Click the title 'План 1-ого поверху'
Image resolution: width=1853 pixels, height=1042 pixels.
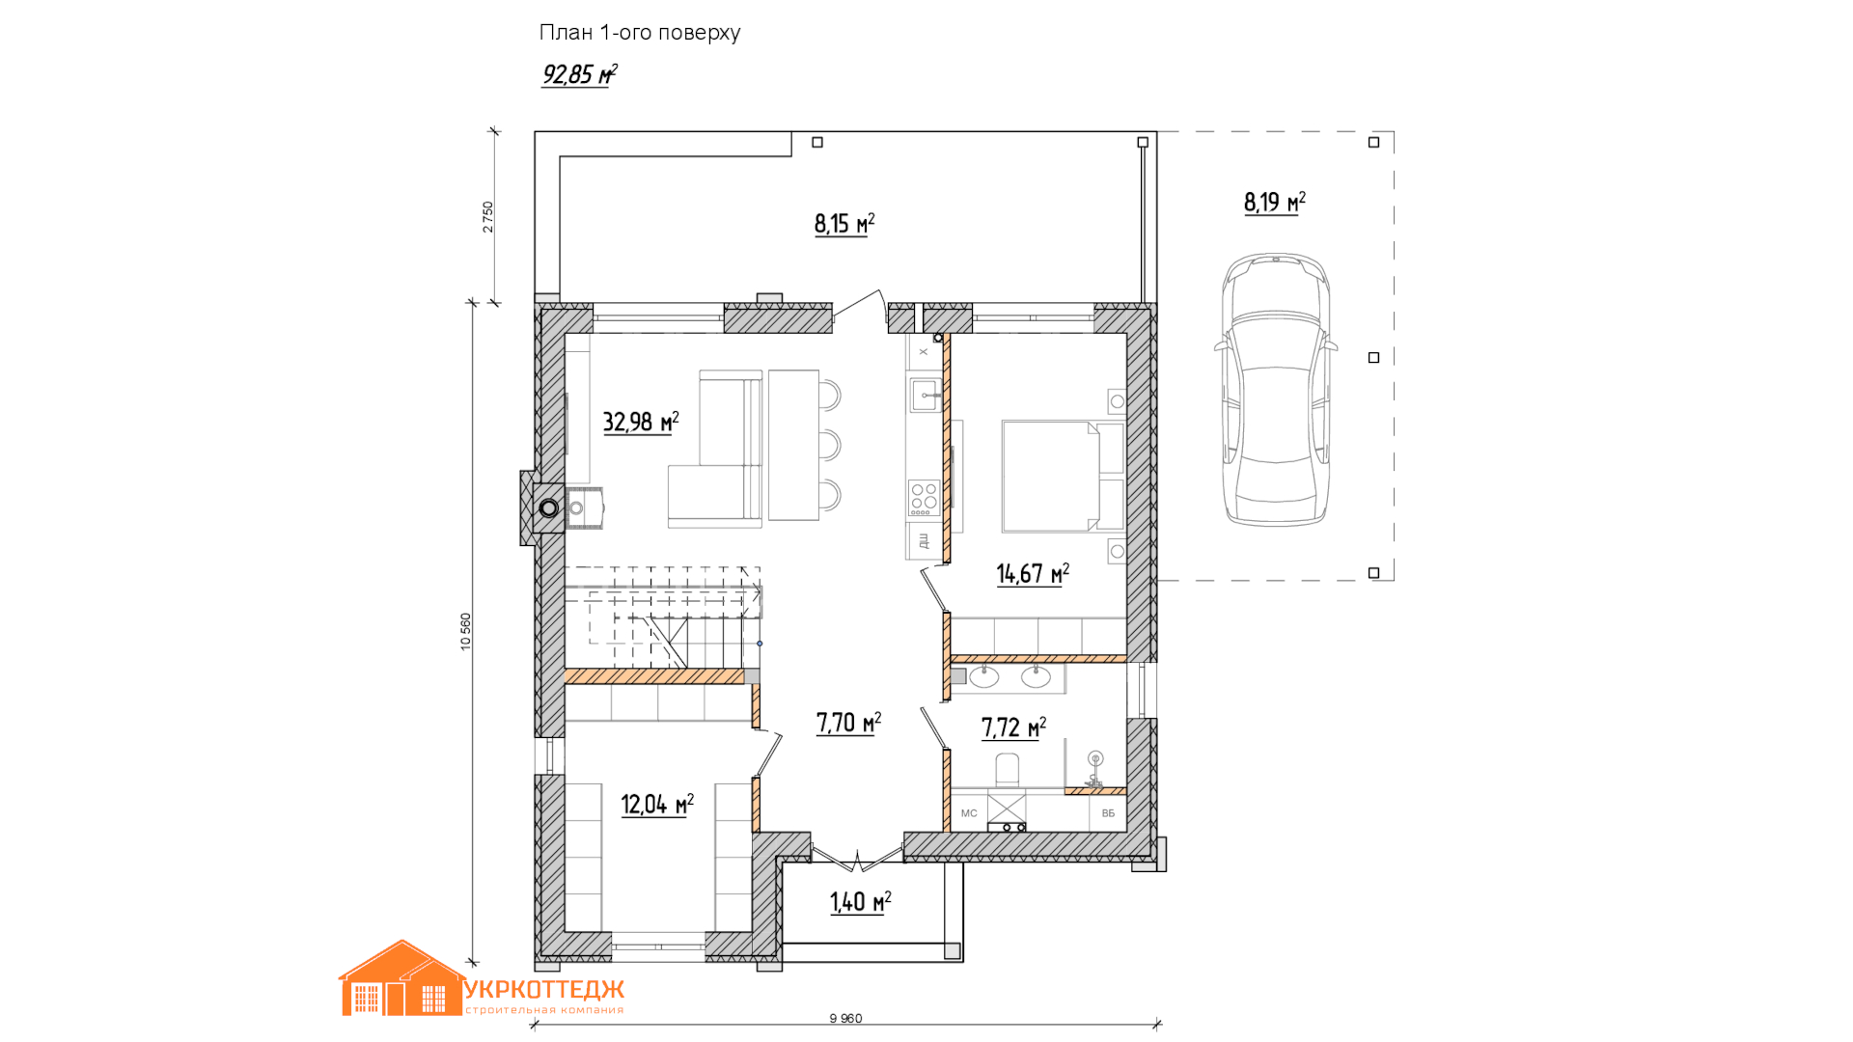pyautogui.click(x=640, y=33)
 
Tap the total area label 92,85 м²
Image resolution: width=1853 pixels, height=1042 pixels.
pyautogui.click(x=580, y=74)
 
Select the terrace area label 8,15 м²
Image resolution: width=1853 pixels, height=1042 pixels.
pyautogui.click(x=844, y=224)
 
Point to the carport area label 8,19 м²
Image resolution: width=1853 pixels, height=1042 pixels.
pyautogui.click(x=1274, y=202)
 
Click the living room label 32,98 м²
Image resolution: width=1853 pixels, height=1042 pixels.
pyautogui.click(x=641, y=422)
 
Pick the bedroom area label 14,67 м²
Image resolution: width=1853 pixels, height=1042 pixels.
pyautogui.click(x=1033, y=574)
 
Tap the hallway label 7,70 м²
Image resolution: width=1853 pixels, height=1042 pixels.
pyautogui.click(x=848, y=723)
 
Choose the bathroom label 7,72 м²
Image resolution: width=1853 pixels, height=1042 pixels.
pyautogui.click(x=1013, y=727)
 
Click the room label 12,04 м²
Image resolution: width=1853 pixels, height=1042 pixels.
pyautogui.click(x=657, y=805)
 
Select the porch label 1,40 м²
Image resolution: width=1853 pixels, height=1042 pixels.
pyautogui.click(x=860, y=902)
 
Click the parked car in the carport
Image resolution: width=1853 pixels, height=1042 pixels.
pyautogui.click(x=1276, y=390)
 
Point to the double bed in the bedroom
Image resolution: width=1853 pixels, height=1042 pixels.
pyautogui.click(x=1063, y=476)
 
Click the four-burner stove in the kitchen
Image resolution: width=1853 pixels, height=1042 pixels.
pyautogui.click(x=924, y=498)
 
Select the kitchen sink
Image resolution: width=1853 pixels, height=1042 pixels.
pyautogui.click(x=925, y=396)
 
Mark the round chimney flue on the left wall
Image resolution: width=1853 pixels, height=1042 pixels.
pyautogui.click(x=549, y=507)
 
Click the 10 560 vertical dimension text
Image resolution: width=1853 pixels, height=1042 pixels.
pyautogui.click(x=466, y=632)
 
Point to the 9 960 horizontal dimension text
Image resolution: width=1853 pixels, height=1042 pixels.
pyautogui.click(x=845, y=1019)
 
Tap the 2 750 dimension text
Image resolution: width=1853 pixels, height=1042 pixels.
pyautogui.click(x=488, y=217)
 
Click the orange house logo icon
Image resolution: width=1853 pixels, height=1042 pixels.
pyautogui.click(x=401, y=978)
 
